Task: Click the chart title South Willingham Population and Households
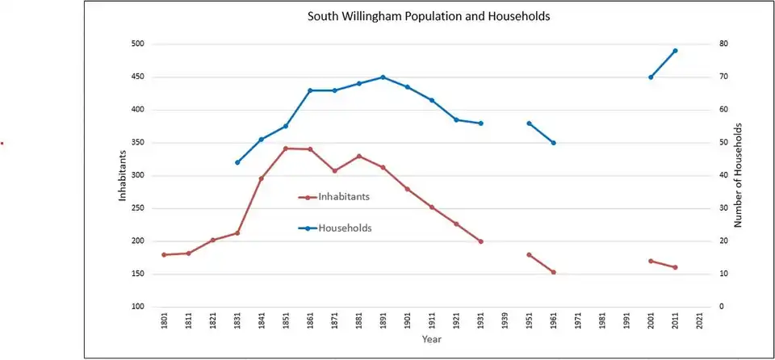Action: [429, 16]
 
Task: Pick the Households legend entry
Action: [345, 228]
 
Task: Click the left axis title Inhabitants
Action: [124, 175]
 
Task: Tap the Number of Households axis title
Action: [737, 175]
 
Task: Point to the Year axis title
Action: [431, 339]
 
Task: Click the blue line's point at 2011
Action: [675, 51]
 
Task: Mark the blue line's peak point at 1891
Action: [383, 77]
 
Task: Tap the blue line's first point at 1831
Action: [237, 162]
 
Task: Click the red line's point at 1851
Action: [286, 149]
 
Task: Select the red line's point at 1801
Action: [164, 255]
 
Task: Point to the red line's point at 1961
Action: [553, 272]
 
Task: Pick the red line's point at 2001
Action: [651, 261]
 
